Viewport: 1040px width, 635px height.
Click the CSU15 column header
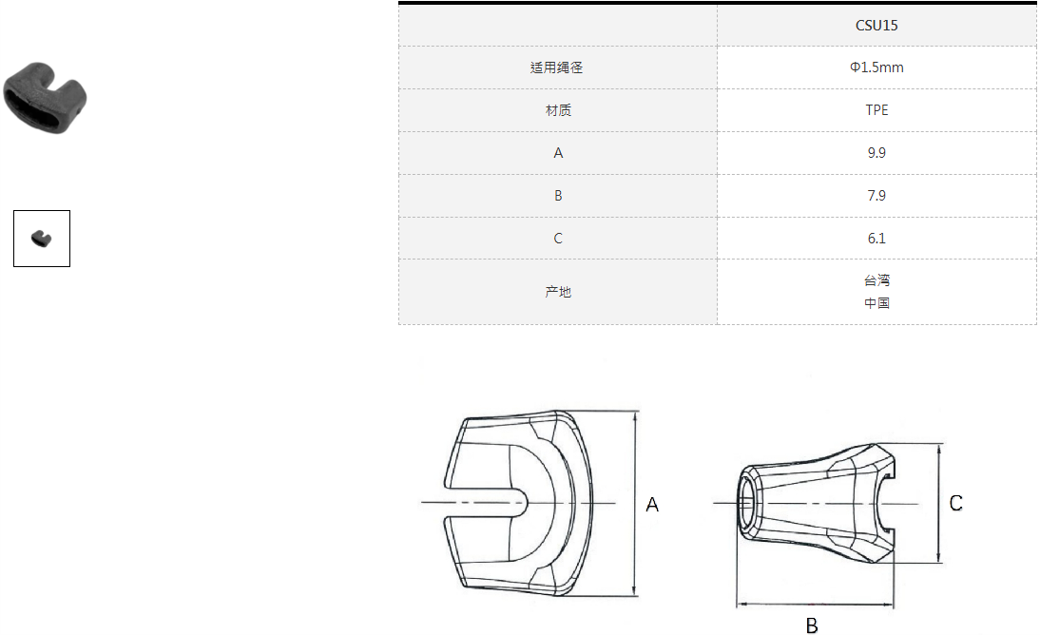pyautogui.click(x=876, y=26)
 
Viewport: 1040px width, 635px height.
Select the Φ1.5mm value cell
pyautogui.click(x=876, y=67)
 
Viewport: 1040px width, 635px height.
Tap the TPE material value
pyautogui.click(x=876, y=110)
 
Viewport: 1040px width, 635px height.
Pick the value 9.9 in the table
pyautogui.click(x=876, y=153)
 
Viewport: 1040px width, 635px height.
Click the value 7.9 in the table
pyautogui.click(x=876, y=196)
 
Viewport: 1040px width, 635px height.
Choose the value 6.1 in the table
pyautogui.click(x=876, y=239)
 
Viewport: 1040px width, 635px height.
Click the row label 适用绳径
pyautogui.click(x=557, y=67)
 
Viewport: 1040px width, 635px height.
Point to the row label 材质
pyautogui.click(x=557, y=110)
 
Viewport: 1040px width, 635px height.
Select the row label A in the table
pyautogui.click(x=557, y=153)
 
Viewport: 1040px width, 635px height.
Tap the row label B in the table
pyautogui.click(x=557, y=196)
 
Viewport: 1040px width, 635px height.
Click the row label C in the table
pyautogui.click(x=557, y=239)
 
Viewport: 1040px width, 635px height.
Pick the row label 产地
pyautogui.click(x=557, y=292)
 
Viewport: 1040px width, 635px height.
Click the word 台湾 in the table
pyautogui.click(x=876, y=280)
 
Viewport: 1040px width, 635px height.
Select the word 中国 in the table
pyautogui.click(x=876, y=303)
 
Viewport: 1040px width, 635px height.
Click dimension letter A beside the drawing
pyautogui.click(x=652, y=506)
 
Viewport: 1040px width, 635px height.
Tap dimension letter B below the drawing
pyautogui.click(x=812, y=625)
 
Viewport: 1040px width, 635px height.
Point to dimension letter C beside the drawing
pyautogui.click(x=956, y=504)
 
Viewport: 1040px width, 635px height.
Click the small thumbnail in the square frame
pyautogui.click(x=41, y=238)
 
